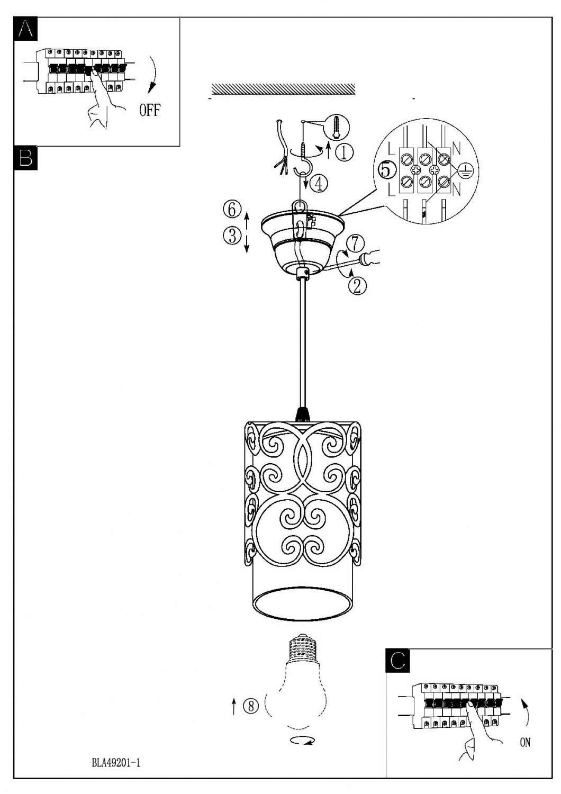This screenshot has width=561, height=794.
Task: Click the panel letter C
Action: coord(399,660)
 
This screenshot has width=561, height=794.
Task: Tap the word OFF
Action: coord(150,111)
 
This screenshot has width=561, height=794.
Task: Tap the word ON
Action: coord(524,743)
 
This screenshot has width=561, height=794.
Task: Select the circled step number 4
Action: coord(319,183)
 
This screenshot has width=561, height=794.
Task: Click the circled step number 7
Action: coord(355,243)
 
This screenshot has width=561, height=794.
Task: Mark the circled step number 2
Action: coord(356,286)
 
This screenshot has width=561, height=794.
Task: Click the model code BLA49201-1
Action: coord(115,763)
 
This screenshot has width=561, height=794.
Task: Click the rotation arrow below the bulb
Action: coord(302,742)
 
